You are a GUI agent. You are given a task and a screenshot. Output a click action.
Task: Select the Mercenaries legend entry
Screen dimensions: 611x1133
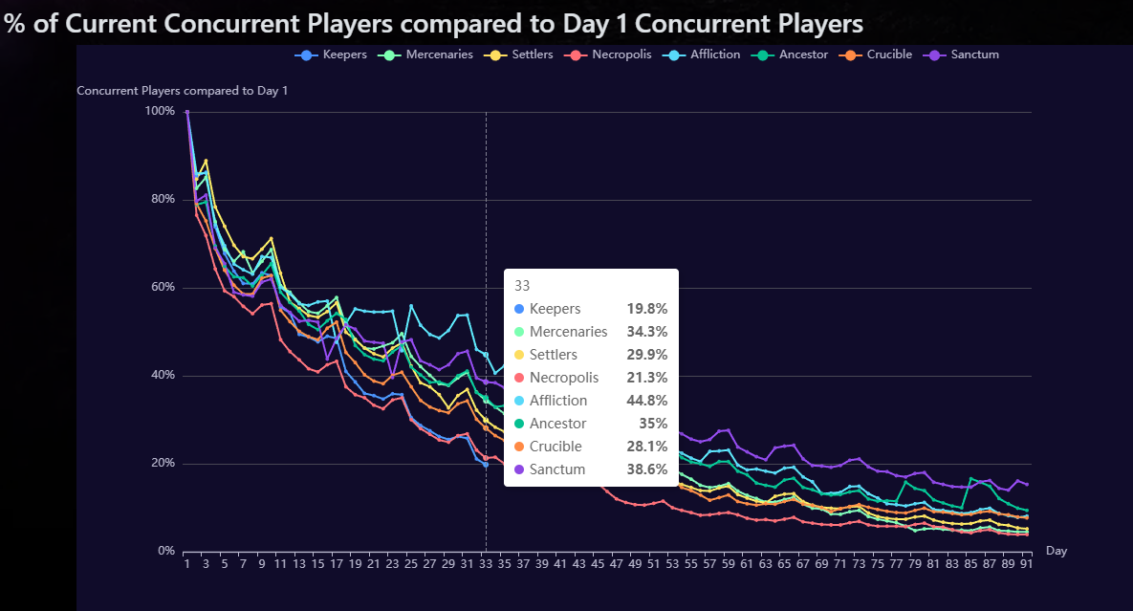(x=426, y=55)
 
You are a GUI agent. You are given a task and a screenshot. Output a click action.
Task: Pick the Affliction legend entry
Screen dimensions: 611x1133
(x=704, y=55)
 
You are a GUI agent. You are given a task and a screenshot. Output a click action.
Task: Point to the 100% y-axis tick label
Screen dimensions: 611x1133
(x=160, y=112)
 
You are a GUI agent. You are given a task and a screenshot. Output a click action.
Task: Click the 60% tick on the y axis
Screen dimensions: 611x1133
(x=162, y=288)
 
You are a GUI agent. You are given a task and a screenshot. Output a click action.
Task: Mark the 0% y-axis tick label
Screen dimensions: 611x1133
(x=166, y=552)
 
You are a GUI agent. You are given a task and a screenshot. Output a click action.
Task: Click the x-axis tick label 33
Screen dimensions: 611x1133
(x=486, y=565)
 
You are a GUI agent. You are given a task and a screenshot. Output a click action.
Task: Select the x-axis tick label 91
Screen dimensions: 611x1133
(x=1026, y=565)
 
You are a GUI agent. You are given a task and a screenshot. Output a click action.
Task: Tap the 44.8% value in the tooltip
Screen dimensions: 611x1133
(x=646, y=401)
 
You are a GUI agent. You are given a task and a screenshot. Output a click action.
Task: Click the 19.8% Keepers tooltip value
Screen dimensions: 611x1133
(x=646, y=309)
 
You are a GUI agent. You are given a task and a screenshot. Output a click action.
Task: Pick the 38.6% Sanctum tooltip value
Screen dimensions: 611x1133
(x=646, y=469)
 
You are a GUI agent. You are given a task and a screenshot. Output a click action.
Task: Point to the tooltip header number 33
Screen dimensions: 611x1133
(x=522, y=285)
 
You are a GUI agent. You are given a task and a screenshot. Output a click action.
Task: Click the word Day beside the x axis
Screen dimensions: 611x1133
(x=1057, y=551)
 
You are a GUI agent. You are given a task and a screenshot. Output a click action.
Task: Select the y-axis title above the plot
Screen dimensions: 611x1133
(x=182, y=91)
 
